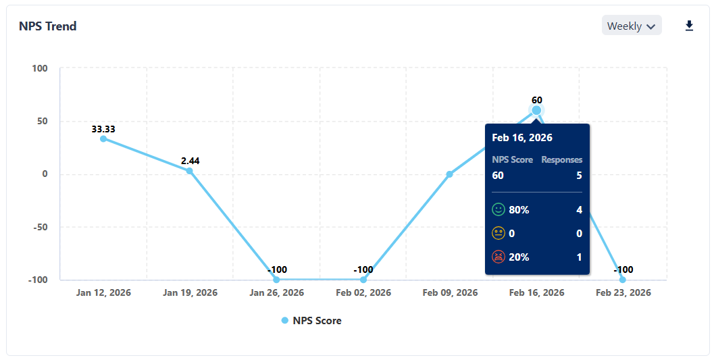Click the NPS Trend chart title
tap(47, 26)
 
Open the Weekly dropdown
tap(632, 26)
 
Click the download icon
tap(689, 26)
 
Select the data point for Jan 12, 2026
tap(103, 138)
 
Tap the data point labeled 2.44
tap(190, 171)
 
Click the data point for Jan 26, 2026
tap(276, 280)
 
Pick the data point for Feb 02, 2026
tap(363, 280)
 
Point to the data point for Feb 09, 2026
tap(450, 174)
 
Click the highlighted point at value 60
tap(536, 110)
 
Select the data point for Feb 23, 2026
tap(623, 280)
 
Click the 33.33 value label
tap(103, 129)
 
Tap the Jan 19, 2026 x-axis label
tap(190, 292)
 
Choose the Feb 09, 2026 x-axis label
tap(450, 292)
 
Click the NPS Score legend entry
tap(311, 321)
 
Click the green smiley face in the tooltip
tap(499, 210)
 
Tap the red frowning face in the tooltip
tap(499, 257)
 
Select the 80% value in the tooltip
tap(519, 210)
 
